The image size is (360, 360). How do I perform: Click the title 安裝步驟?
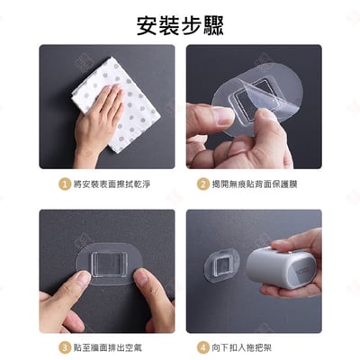(x=179, y=24)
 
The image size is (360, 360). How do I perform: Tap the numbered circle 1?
(x=64, y=184)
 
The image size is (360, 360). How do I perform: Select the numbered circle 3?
(x=64, y=346)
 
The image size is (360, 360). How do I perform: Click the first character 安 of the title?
(x=148, y=24)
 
